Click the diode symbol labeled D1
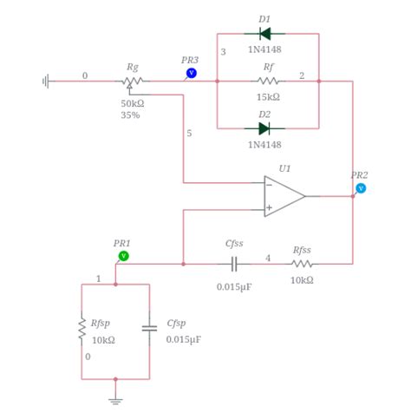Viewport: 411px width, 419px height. click(264, 34)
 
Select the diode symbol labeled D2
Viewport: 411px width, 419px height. click(264, 128)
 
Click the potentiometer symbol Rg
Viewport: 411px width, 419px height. click(133, 82)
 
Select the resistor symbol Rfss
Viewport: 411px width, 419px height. click(302, 264)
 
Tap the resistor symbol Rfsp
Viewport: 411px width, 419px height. click(82, 331)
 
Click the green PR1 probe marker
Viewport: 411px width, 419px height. click(123, 256)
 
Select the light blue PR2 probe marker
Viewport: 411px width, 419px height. click(361, 187)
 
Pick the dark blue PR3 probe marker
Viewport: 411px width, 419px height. click(191, 73)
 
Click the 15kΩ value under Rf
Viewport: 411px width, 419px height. click(268, 97)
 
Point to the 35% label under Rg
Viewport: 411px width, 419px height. click(131, 115)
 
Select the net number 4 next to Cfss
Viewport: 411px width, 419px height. click(268, 258)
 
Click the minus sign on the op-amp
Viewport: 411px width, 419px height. click(270, 185)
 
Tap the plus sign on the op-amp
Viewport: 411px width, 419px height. click(270, 208)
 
